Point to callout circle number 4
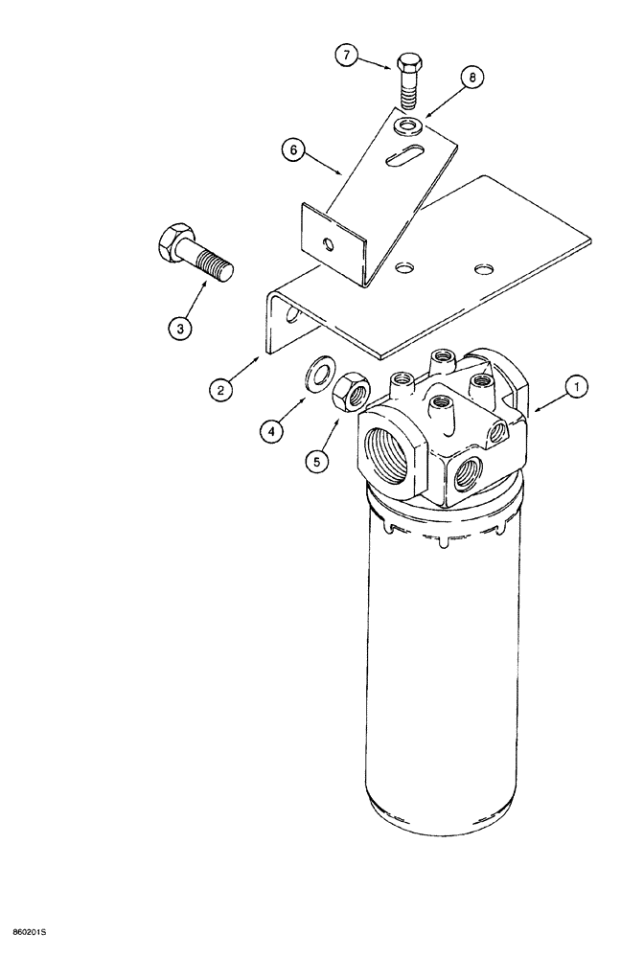tap(274, 432)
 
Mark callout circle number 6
tap(294, 149)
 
